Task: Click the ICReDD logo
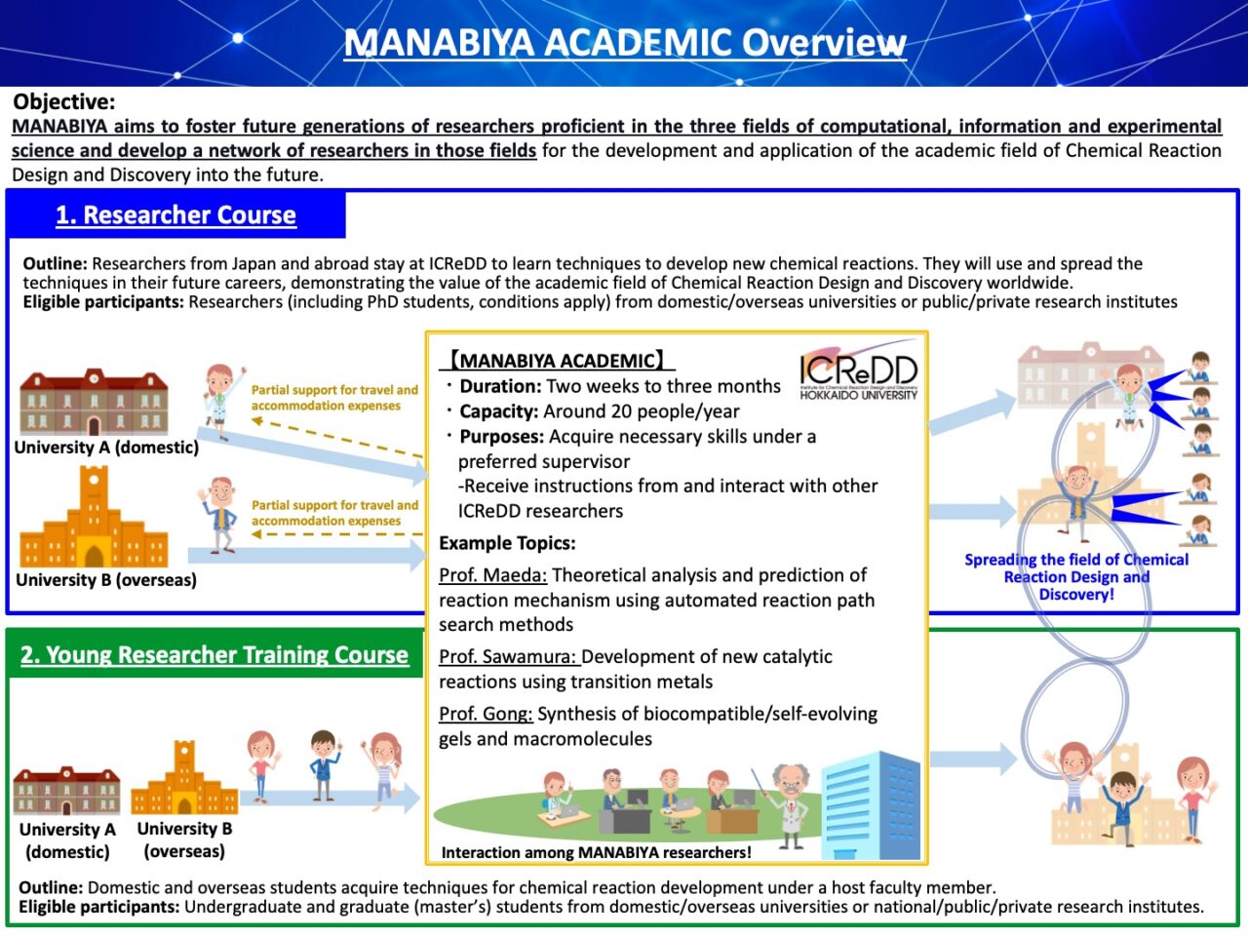pyautogui.click(x=859, y=370)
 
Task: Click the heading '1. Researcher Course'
pyautogui.click(x=175, y=214)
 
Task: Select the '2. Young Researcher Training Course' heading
pyautogui.click(x=214, y=654)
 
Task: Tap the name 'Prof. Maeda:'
pyautogui.click(x=493, y=575)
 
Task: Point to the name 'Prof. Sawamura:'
pyautogui.click(x=509, y=656)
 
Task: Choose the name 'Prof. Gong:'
pyautogui.click(x=486, y=714)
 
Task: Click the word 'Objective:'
pyautogui.click(x=63, y=101)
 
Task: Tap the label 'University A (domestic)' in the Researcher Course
pyautogui.click(x=106, y=448)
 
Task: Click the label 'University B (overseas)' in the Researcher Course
pyautogui.click(x=106, y=580)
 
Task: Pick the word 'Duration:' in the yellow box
pyautogui.click(x=500, y=386)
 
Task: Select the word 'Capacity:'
pyautogui.click(x=498, y=411)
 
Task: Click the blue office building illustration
pyautogui.click(x=871, y=805)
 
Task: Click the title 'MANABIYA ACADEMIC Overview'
pyautogui.click(x=624, y=43)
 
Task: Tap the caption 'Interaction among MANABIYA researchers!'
pyautogui.click(x=596, y=852)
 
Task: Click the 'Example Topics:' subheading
pyautogui.click(x=507, y=543)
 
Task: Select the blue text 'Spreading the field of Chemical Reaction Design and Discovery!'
pyautogui.click(x=1076, y=577)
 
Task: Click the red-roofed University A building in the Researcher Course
pyautogui.click(x=94, y=402)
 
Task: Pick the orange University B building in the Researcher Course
pyautogui.click(x=94, y=517)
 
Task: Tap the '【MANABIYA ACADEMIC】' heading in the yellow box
pyautogui.click(x=557, y=361)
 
